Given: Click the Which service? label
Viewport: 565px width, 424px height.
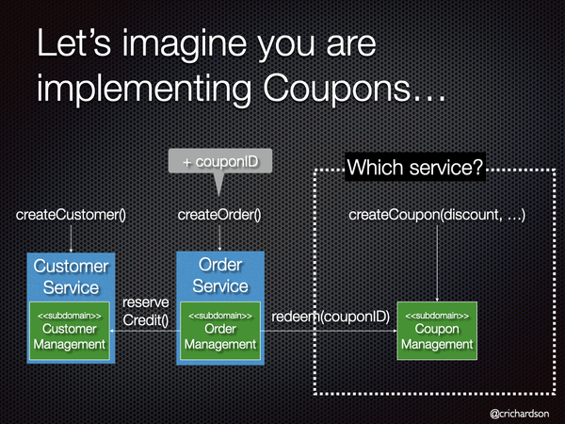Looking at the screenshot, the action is [414, 167].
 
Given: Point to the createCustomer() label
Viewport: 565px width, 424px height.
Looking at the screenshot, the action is [71, 215].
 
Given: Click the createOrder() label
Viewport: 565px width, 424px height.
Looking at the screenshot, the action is [219, 215].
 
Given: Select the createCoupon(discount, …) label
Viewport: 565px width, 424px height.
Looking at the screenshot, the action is [437, 215].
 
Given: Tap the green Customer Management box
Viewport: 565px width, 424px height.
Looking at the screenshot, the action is [70, 331].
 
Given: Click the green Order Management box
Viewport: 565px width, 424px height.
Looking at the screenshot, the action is [220, 331].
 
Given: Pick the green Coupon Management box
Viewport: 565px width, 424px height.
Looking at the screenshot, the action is [437, 331].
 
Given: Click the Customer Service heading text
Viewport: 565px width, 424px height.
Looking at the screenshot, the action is [71, 277].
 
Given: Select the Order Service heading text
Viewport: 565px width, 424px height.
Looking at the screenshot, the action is [220, 275].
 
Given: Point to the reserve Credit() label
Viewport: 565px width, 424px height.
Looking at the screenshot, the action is [146, 311].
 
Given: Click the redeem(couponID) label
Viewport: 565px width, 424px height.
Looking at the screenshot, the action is [331, 317].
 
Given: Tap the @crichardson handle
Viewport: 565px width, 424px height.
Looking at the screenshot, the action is [519, 414].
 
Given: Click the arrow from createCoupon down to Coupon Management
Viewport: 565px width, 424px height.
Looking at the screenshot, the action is [437, 263].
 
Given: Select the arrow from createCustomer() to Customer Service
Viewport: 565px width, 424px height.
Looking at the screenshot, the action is [71, 238].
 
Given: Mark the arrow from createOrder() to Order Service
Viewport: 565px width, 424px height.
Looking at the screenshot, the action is [219, 238].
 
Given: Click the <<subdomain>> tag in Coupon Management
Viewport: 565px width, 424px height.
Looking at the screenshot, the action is [437, 316].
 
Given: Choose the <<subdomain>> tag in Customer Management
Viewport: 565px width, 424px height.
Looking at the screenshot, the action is [70, 316].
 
